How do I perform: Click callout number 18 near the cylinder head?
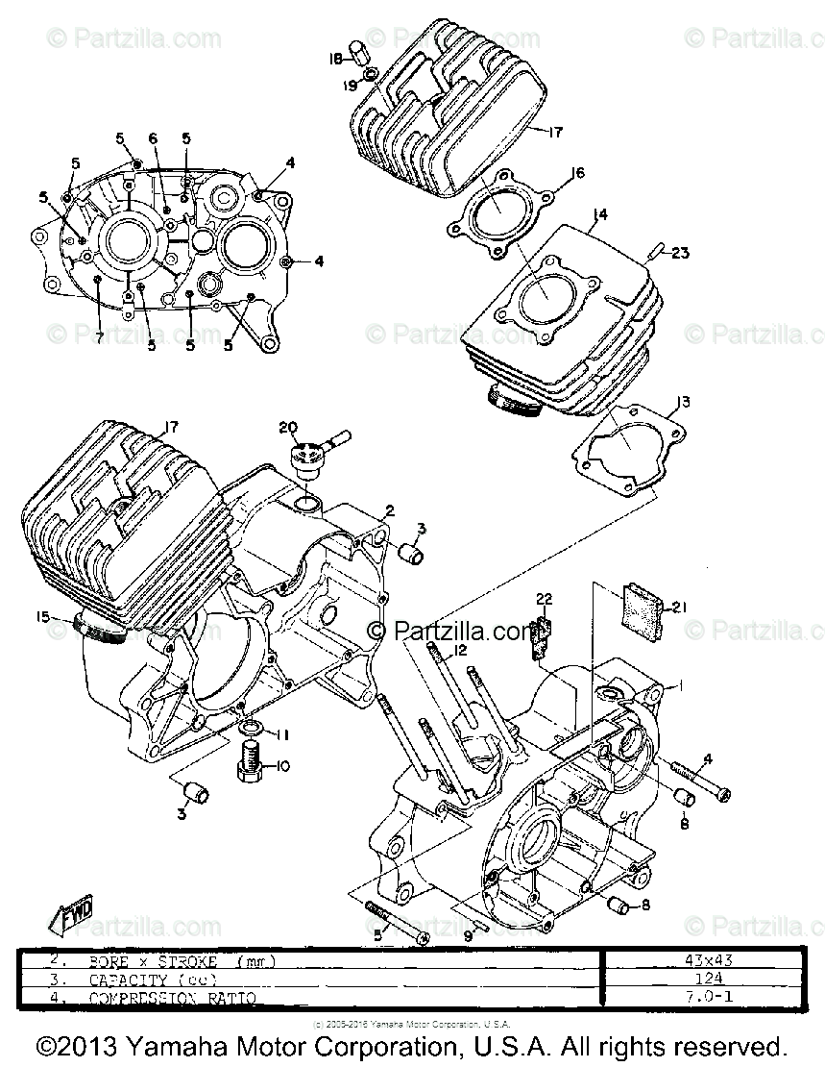coord(335,59)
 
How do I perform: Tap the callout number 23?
coord(680,254)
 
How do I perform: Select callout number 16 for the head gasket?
coord(576,173)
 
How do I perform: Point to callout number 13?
coord(682,400)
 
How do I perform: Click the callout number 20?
coord(288,427)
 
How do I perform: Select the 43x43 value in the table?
coord(698,959)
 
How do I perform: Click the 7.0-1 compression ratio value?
coord(698,999)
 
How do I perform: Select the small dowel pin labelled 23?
coord(655,253)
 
